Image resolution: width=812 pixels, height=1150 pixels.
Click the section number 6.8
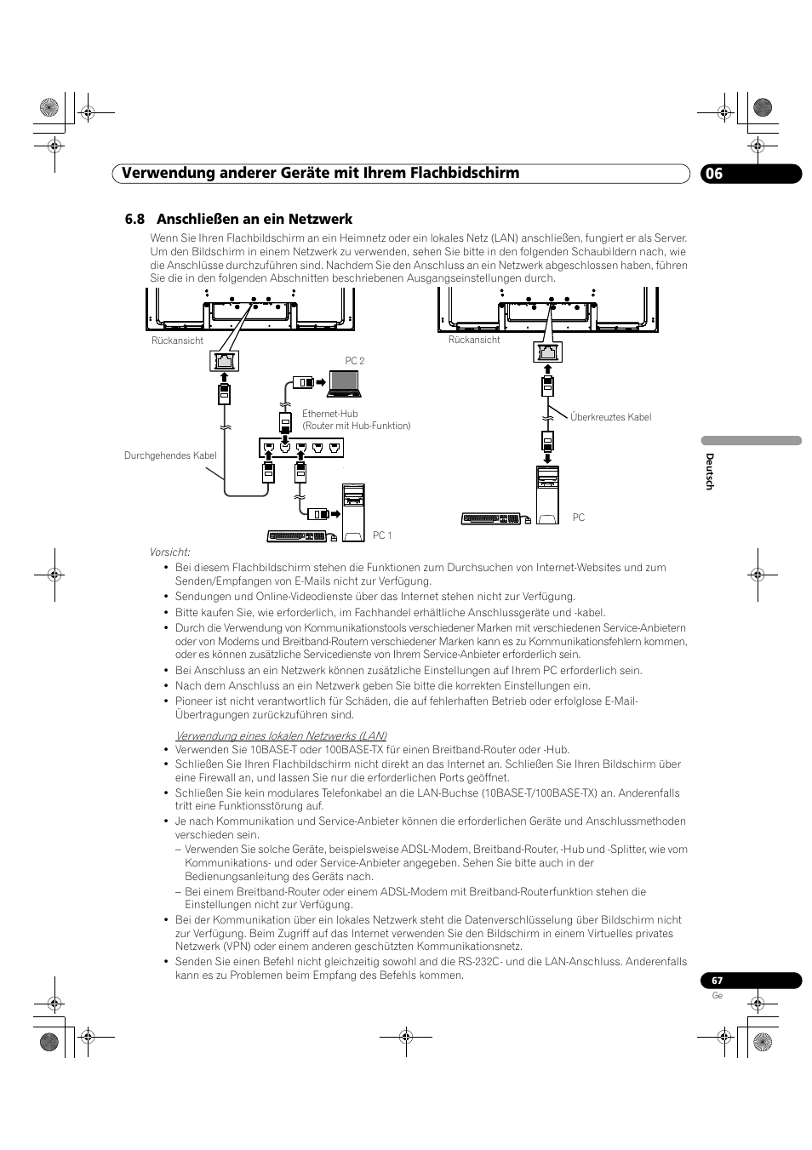tap(134, 219)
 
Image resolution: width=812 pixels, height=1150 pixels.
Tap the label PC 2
tap(354, 361)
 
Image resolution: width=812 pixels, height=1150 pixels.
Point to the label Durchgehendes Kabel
tap(170, 455)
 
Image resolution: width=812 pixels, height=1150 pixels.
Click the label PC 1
tap(382, 535)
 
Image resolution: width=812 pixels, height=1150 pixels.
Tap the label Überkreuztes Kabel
tap(610, 417)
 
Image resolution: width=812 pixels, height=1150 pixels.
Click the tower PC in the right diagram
tap(547, 495)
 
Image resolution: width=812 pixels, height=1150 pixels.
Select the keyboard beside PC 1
tap(297, 536)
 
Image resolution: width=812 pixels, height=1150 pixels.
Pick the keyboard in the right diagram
tap(492, 518)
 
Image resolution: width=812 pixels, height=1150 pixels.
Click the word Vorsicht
tap(170, 552)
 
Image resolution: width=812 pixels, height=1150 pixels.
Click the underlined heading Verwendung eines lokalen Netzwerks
tap(281, 735)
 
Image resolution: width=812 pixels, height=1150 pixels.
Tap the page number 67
tap(717, 981)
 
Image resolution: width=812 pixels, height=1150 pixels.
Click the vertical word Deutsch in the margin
tap(709, 471)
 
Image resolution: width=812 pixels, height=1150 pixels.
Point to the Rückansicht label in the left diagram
tap(177, 340)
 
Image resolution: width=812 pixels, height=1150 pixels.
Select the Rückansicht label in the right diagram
tap(474, 340)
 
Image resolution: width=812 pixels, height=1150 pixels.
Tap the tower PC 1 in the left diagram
tap(352, 507)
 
